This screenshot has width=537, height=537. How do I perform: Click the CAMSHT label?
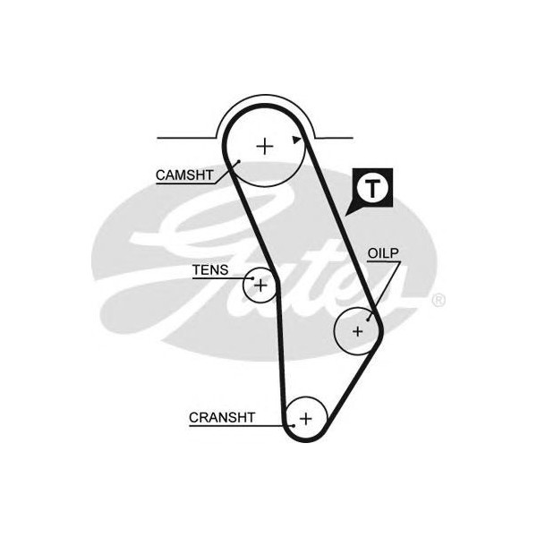tap(184, 175)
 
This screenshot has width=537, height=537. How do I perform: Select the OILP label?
tap(382, 254)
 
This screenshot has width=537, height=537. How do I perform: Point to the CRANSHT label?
tap(222, 417)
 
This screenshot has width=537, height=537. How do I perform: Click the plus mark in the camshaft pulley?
tap(265, 146)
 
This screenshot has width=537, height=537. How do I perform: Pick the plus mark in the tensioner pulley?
tap(260, 286)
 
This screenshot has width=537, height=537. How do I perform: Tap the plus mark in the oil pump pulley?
tap(357, 331)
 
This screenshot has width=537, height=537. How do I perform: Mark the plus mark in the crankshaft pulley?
tap(306, 417)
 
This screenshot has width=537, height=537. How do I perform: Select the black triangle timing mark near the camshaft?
tap(296, 140)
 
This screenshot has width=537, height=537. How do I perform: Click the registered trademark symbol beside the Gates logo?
tap(438, 301)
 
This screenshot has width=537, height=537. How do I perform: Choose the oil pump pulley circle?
tap(344, 345)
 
